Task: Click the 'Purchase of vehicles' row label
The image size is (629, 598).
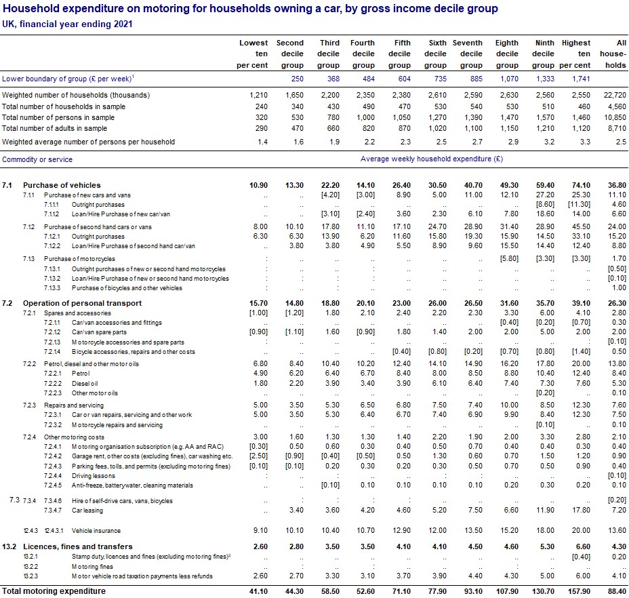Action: (x=62, y=185)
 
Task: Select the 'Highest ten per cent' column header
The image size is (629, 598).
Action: (x=575, y=54)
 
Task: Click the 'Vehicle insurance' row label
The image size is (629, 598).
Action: (x=97, y=531)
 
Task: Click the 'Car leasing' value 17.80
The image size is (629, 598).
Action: (x=580, y=510)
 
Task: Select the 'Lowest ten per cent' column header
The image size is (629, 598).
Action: (x=253, y=54)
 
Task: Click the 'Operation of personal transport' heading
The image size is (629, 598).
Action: (x=82, y=303)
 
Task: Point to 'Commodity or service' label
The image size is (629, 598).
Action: (x=37, y=159)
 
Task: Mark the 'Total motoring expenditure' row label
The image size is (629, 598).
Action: (x=54, y=591)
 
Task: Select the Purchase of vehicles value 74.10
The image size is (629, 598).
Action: (x=580, y=185)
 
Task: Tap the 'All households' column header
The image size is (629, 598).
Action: (x=613, y=54)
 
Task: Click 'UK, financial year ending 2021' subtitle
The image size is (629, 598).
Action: (x=67, y=24)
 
